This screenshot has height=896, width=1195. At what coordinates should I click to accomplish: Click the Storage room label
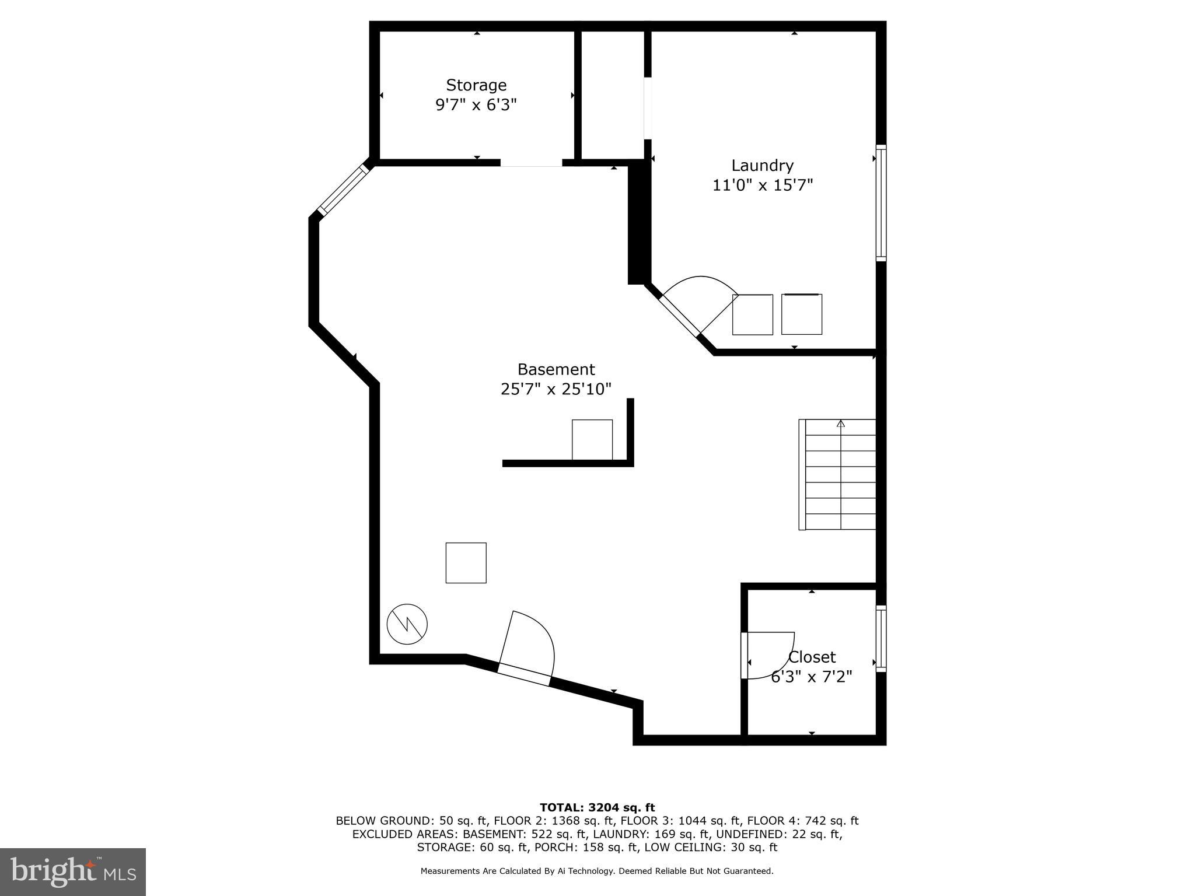pyautogui.click(x=476, y=85)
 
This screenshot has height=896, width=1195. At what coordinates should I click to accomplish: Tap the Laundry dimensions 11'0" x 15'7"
pyautogui.click(x=762, y=185)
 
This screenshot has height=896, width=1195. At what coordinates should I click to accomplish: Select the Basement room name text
pyautogui.click(x=555, y=369)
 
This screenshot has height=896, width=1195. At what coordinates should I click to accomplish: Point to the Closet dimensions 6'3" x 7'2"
pyautogui.click(x=811, y=677)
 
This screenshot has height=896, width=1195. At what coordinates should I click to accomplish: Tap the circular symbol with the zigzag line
pyautogui.click(x=407, y=624)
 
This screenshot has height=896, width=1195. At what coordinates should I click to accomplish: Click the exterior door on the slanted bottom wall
pyautogui.click(x=523, y=675)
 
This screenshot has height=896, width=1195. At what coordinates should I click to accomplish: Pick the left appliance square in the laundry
pyautogui.click(x=752, y=315)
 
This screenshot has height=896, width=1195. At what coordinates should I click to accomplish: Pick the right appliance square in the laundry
pyautogui.click(x=802, y=314)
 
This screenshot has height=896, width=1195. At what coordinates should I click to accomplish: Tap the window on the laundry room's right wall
pyautogui.click(x=881, y=202)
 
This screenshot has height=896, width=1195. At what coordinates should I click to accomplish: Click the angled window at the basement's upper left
pyautogui.click(x=344, y=190)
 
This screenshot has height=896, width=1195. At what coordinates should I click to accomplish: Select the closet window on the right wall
pyautogui.click(x=881, y=638)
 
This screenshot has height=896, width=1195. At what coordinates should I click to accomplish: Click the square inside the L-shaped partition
pyautogui.click(x=592, y=439)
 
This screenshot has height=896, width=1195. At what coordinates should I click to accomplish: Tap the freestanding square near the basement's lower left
pyautogui.click(x=466, y=562)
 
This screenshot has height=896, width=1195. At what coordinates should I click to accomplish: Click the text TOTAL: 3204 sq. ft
pyautogui.click(x=597, y=807)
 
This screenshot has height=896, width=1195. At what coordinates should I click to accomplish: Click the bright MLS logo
pyautogui.click(x=72, y=871)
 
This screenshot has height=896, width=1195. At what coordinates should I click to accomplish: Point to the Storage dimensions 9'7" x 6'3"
pyautogui.click(x=476, y=105)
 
